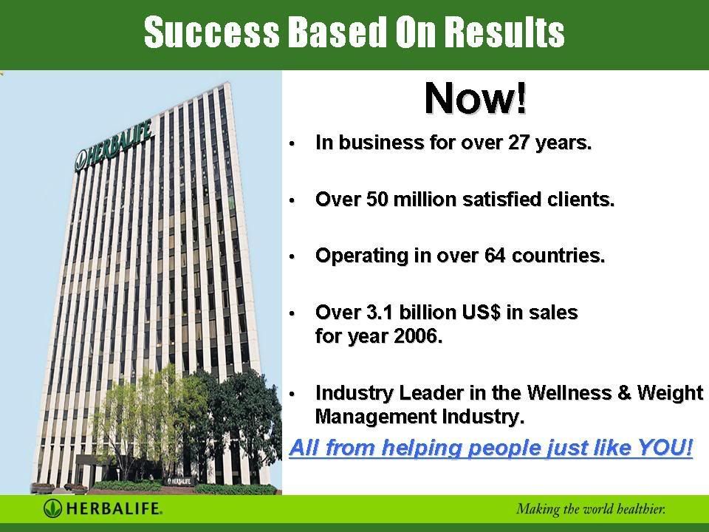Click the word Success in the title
click(x=212, y=32)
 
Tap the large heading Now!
click(x=476, y=98)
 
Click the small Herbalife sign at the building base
click(x=179, y=480)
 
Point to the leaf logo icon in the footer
click(x=52, y=508)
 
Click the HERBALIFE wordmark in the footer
click(x=114, y=508)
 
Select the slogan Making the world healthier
click(x=591, y=509)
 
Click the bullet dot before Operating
click(x=292, y=257)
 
